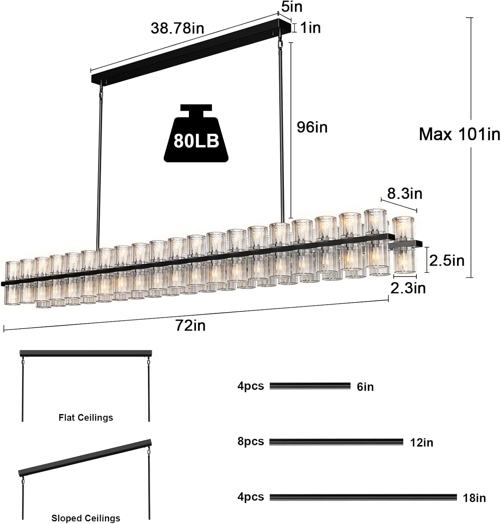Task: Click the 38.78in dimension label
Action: [x=177, y=28]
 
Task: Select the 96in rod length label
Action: [x=312, y=127]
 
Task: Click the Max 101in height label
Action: [x=459, y=134]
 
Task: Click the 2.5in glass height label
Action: [x=447, y=261]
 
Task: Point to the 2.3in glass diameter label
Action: [x=408, y=288]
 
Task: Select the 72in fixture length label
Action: [x=190, y=326]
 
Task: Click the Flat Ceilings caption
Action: [x=86, y=417]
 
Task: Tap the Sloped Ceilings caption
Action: [x=86, y=518]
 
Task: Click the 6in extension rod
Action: [x=310, y=386]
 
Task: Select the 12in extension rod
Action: [x=336, y=442]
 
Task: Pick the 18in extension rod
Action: [x=363, y=497]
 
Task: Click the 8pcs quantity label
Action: [x=251, y=441]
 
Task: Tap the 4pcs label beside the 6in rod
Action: [x=251, y=386]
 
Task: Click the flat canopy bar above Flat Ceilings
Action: [x=86, y=353]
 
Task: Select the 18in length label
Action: [x=474, y=498]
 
